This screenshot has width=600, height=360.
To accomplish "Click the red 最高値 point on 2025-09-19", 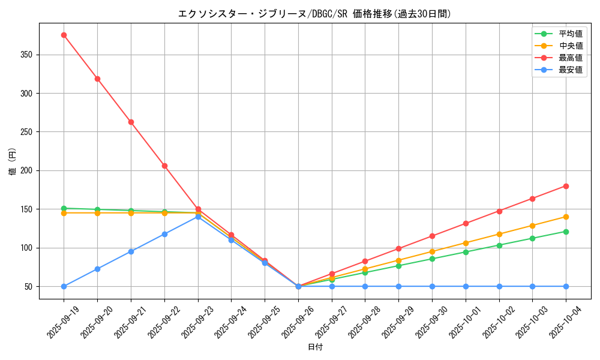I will (64, 35).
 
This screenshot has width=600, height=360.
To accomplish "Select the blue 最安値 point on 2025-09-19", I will (64, 286).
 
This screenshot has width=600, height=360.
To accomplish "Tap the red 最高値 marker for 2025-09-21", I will (131, 122).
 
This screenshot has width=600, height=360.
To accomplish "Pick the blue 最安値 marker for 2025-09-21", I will (131, 251).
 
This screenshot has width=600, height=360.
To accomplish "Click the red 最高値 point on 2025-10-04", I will (566, 186).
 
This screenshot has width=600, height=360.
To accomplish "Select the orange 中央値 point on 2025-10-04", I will (566, 217).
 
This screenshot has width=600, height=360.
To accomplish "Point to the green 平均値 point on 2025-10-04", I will (566, 232).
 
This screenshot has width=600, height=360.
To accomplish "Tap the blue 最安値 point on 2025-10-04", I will (566, 286).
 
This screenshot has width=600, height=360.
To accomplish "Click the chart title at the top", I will (314, 13).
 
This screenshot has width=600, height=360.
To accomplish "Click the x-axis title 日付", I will (315, 347).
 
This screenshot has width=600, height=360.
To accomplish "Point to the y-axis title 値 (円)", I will (13, 162).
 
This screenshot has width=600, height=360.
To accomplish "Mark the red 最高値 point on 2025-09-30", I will (432, 236).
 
